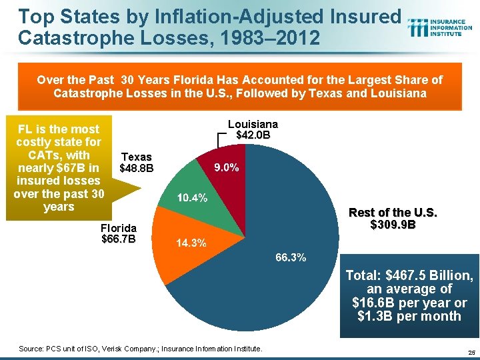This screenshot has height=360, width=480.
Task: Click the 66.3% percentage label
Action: coord(289,258)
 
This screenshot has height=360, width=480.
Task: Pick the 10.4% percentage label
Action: coord(192,198)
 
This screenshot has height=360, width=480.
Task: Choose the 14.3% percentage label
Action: coord(191,243)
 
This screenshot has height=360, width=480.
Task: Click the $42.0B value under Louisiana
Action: coord(253,135)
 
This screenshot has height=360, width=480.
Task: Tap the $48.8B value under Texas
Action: coord(136,169)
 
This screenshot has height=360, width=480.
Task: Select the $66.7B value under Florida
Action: coord(118,239)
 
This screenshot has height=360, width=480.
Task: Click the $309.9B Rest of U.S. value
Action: coord(393,225)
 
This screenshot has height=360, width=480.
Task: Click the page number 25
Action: coord(471,352)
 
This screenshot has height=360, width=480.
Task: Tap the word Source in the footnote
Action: coord(31,349)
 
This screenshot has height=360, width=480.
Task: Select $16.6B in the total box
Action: coord(372,303)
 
